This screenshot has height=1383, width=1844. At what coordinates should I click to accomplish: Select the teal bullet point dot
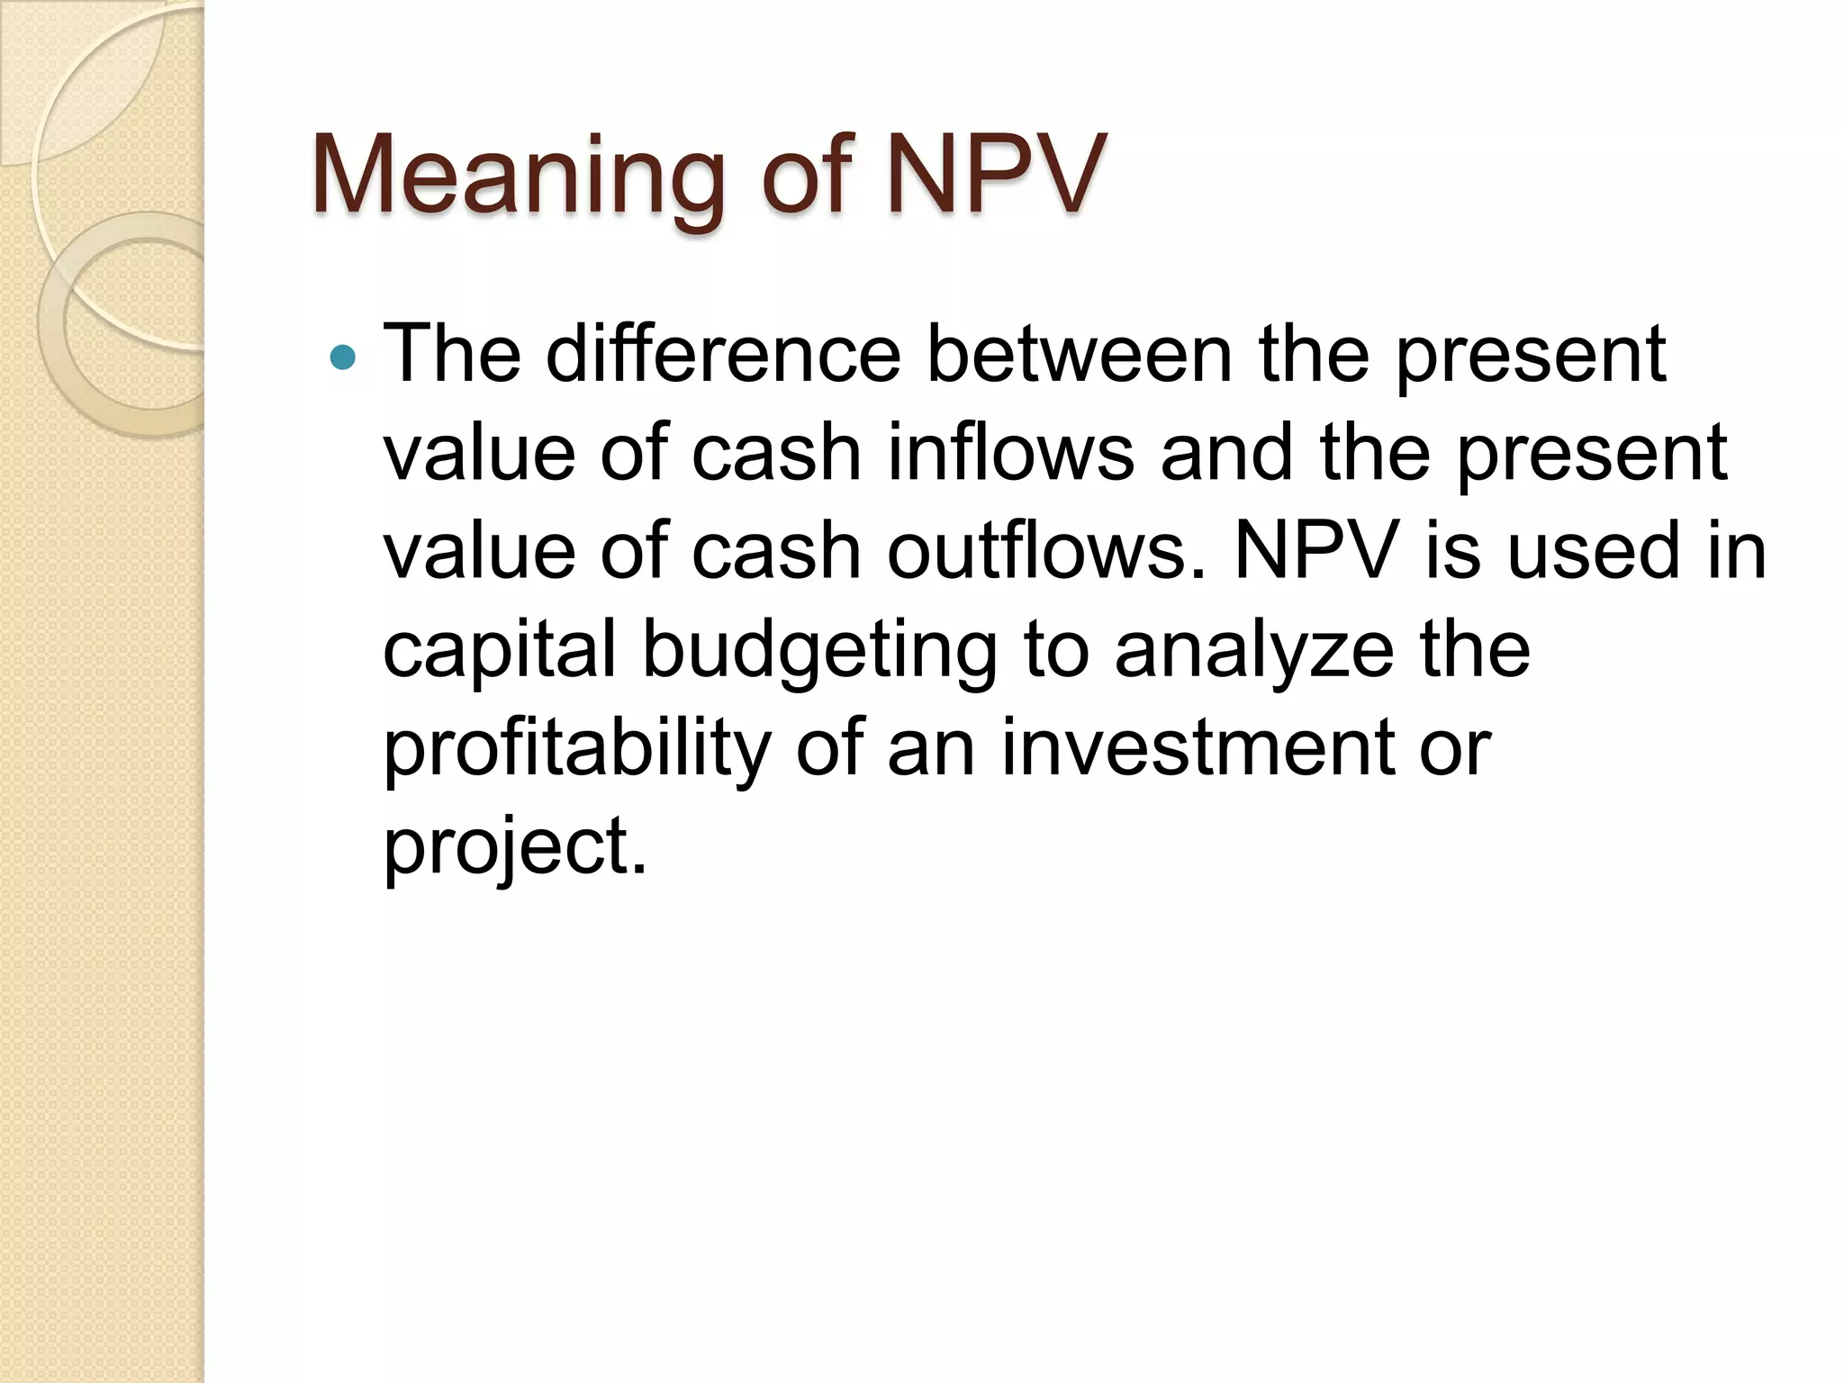pos(343,358)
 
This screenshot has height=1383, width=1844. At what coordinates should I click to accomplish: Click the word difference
pos(723,353)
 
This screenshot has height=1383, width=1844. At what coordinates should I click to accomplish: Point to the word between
pos(1080,353)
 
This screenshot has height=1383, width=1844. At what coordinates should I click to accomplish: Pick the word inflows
pos(1010,452)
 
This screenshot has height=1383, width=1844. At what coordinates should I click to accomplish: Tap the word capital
pos(499,650)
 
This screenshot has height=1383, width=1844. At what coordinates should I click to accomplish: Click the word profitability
pos(577,749)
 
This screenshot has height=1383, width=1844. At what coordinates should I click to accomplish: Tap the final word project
pos(514,848)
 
